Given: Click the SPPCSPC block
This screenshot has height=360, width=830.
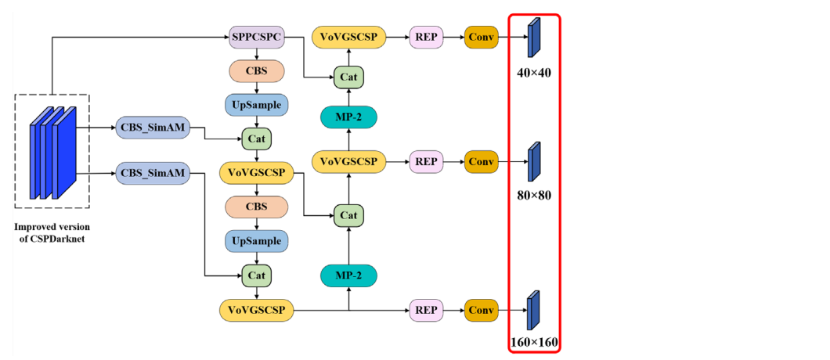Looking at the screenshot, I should (x=257, y=37).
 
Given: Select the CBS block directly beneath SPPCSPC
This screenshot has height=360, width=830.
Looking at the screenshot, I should (x=257, y=70).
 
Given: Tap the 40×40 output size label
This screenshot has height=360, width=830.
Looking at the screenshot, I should (x=534, y=73).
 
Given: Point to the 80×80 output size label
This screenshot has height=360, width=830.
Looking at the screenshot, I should (x=534, y=195).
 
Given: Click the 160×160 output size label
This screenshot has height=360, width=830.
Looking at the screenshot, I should (x=534, y=342).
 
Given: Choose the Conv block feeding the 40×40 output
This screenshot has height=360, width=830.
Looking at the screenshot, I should (x=482, y=37).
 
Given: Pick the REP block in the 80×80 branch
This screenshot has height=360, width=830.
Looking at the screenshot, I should (x=426, y=162).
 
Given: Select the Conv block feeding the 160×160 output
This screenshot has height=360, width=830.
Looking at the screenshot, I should (x=482, y=311).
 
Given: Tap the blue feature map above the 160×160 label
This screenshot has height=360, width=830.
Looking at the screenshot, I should (x=534, y=311).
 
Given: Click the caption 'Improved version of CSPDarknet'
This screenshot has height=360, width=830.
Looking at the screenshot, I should (x=52, y=233).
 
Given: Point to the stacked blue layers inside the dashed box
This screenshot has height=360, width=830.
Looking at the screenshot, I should (x=52, y=153).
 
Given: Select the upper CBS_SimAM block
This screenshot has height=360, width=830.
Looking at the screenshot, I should (x=153, y=128).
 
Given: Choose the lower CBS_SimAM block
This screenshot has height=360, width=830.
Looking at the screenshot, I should (x=153, y=172).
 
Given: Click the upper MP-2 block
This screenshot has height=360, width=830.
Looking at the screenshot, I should (x=348, y=117).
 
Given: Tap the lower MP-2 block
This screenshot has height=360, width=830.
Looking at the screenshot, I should (x=348, y=275).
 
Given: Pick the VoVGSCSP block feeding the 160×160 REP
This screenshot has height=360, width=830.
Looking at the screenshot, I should (x=257, y=311).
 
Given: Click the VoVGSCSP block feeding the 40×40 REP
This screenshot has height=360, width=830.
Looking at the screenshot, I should (x=348, y=37).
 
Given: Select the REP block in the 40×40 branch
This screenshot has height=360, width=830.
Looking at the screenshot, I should (x=426, y=37).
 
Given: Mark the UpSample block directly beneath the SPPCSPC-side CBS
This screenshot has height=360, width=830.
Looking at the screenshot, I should (x=257, y=104).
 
